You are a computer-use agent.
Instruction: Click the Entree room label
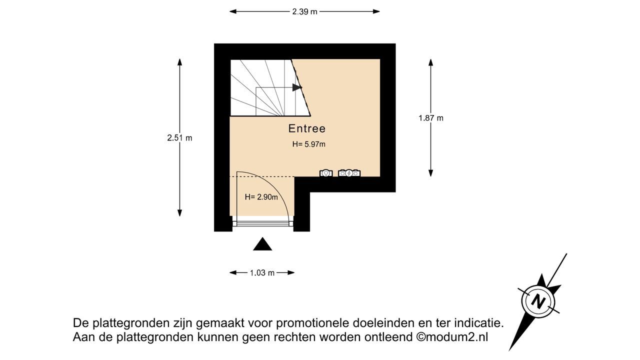pos(307,128)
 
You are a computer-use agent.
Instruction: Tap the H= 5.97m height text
pos(308,144)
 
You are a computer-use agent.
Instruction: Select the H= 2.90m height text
pos(261,197)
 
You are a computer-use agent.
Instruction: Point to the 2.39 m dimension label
pos(304,11)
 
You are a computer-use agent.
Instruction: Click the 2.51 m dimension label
pos(179,138)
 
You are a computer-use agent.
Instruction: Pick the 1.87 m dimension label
pos(431,118)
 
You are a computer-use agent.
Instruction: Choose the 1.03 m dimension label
pos(262,273)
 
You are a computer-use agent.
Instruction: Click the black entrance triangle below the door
pos(262,244)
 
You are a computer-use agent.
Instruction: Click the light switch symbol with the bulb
pos(326,173)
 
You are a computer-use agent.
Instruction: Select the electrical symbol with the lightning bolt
pos(349,173)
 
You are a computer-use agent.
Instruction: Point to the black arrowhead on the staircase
pos(297,87)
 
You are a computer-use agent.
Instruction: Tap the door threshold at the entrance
pos(263,224)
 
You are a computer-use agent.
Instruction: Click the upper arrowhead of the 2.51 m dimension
pos(179,62)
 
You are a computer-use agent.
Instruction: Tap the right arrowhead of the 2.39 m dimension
pos(375,11)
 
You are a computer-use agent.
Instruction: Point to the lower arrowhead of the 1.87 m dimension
pos(431,173)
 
